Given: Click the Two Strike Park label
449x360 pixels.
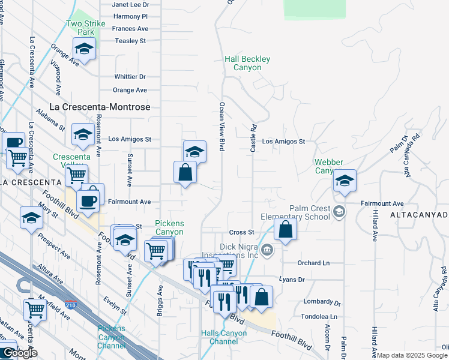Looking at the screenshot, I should pos(86,28).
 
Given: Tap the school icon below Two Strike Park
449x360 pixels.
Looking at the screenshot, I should pos(85,50).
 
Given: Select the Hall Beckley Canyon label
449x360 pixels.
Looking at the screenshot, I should pos(247,64).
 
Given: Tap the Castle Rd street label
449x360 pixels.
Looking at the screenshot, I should pos(253,137).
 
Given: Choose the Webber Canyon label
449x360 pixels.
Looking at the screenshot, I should pos(329,166).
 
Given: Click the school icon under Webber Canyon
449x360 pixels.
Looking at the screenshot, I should pos(345,181).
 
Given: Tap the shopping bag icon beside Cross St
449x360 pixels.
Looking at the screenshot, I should pos(286,229).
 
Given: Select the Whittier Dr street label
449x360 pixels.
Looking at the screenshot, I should pos(130,77).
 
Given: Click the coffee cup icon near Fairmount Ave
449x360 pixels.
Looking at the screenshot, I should pos(89,200).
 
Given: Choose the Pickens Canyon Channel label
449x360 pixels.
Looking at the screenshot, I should pos(112,337).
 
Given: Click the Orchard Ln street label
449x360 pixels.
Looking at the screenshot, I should pos(314,263).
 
